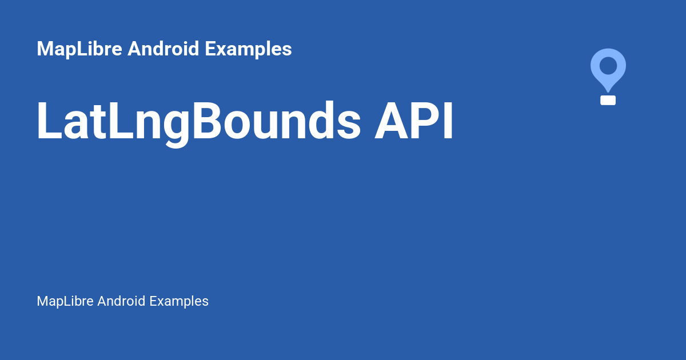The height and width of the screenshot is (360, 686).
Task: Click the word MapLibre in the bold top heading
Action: tap(79, 49)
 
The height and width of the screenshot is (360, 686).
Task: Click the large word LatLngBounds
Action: tap(198, 121)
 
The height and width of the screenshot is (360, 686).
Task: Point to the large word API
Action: tap(414, 121)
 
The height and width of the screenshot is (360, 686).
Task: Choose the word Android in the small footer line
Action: tap(122, 301)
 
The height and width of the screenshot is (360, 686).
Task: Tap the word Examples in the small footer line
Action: tap(179, 301)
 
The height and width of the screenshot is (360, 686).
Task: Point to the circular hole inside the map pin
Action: tap(608, 65)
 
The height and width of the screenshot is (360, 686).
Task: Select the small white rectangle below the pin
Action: tap(608, 101)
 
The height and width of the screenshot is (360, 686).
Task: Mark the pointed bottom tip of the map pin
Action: tap(608, 90)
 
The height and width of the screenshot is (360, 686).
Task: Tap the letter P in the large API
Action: tap(422, 121)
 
